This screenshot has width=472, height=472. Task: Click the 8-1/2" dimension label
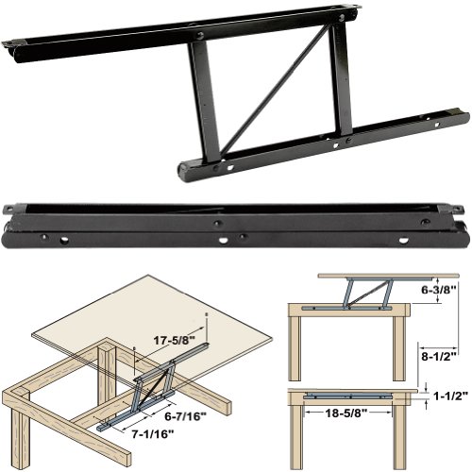pos(441,358)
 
